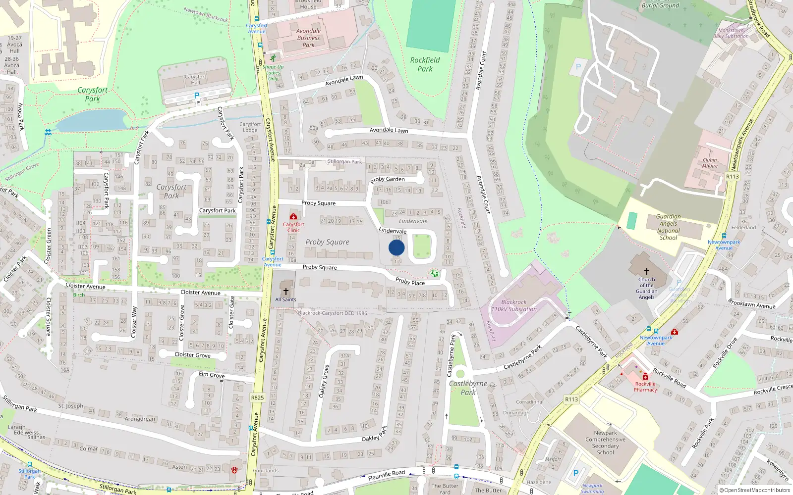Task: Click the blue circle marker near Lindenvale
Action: pyautogui.click(x=396, y=247)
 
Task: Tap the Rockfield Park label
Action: pyautogui.click(x=425, y=64)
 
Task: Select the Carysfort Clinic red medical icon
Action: pyautogui.click(x=293, y=217)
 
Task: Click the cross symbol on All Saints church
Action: pyautogui.click(x=286, y=292)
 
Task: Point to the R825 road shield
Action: pyautogui.click(x=257, y=397)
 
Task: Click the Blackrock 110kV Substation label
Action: pyautogui.click(x=514, y=305)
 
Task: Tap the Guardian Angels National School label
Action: pyautogui.click(x=668, y=227)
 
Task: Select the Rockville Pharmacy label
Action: pyautogui.click(x=645, y=387)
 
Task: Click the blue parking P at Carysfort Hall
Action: pyautogui.click(x=197, y=96)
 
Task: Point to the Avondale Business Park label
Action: pyautogui.click(x=308, y=38)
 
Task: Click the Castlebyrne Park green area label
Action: pyautogui.click(x=468, y=388)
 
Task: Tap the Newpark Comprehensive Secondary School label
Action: pyautogui.click(x=605, y=442)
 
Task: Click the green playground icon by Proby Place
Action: pyautogui.click(x=435, y=273)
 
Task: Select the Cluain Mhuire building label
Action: pyautogui.click(x=710, y=163)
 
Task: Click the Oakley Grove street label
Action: pyautogui.click(x=324, y=381)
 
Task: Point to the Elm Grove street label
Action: pyautogui.click(x=212, y=375)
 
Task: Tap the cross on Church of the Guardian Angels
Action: pyautogui.click(x=646, y=271)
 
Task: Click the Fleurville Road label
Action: pyautogui.click(x=386, y=475)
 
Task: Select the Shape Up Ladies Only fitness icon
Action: pyautogui.click(x=273, y=58)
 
